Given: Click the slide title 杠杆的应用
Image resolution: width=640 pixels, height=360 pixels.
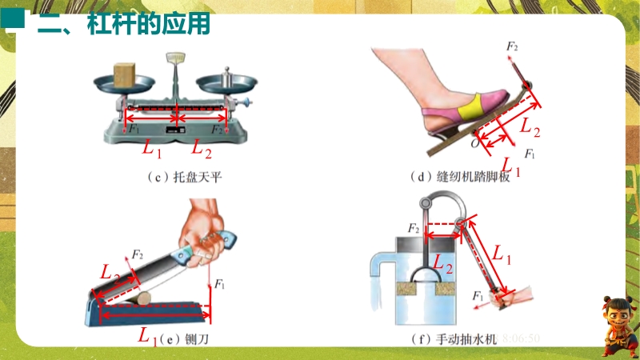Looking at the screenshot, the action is point(149,24).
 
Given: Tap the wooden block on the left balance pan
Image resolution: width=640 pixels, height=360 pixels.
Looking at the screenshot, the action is point(124,74).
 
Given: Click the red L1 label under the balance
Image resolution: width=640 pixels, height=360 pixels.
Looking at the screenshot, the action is point(152,148).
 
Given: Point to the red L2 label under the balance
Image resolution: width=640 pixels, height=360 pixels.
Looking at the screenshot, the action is point(202,148).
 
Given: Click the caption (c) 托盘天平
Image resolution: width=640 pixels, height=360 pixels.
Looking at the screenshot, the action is point(185,177).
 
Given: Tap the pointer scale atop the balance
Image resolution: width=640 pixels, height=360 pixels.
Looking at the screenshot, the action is point(175,58).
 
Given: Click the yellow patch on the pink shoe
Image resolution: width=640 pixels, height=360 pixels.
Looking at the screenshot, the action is point(469,108).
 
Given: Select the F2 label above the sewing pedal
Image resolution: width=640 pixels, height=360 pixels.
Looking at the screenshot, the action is point(512,46).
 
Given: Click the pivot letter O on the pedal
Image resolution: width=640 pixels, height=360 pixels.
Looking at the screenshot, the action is point(474,143).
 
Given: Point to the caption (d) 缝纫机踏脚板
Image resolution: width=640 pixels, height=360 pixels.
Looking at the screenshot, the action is point(460,177).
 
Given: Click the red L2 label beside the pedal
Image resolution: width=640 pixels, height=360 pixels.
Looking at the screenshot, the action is point(530,126).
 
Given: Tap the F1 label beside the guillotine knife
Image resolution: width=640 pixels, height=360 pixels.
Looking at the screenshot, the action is point(219,283).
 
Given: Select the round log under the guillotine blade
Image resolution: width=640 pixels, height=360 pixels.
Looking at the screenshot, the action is point(144,298).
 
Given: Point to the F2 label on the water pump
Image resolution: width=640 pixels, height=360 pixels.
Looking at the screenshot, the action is point(413,228).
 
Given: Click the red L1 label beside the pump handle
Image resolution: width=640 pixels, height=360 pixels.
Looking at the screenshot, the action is point(502,254).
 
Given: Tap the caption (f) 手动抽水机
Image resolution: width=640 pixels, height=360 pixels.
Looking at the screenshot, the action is point(454,339).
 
